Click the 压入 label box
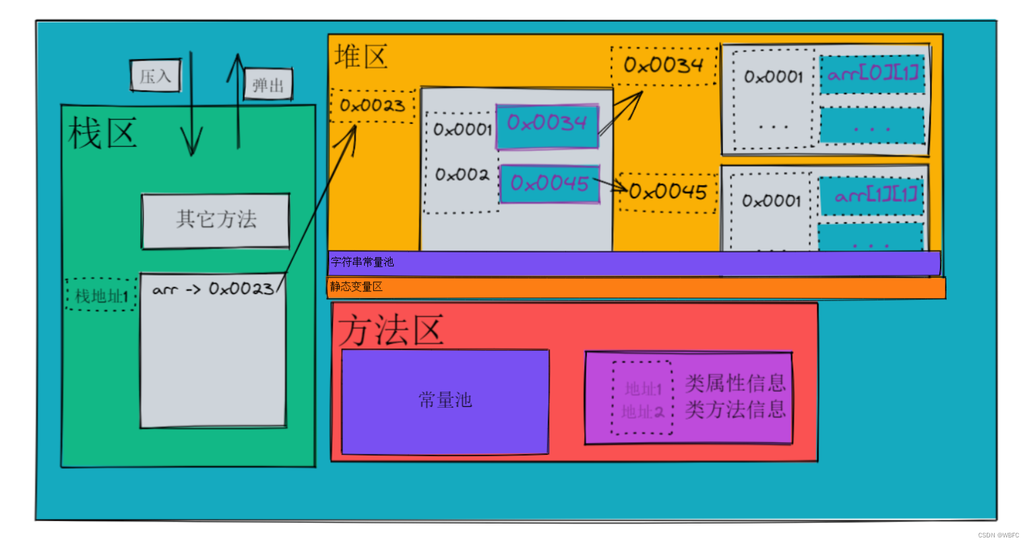point(155,76)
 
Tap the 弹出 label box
point(268,84)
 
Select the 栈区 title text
point(102,133)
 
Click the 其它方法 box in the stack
point(216,220)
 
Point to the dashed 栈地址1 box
point(102,295)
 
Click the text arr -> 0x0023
point(212,289)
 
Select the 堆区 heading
point(360,57)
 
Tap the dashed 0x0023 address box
point(373,106)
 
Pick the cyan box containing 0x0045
point(549,183)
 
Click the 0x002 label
point(462,175)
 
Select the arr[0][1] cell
point(872,73)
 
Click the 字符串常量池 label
point(362,262)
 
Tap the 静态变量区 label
point(356,287)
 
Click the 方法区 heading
point(391,330)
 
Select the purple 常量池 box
point(445,401)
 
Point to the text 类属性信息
point(735,383)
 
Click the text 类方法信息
point(735,410)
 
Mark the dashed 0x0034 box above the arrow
point(664,65)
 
